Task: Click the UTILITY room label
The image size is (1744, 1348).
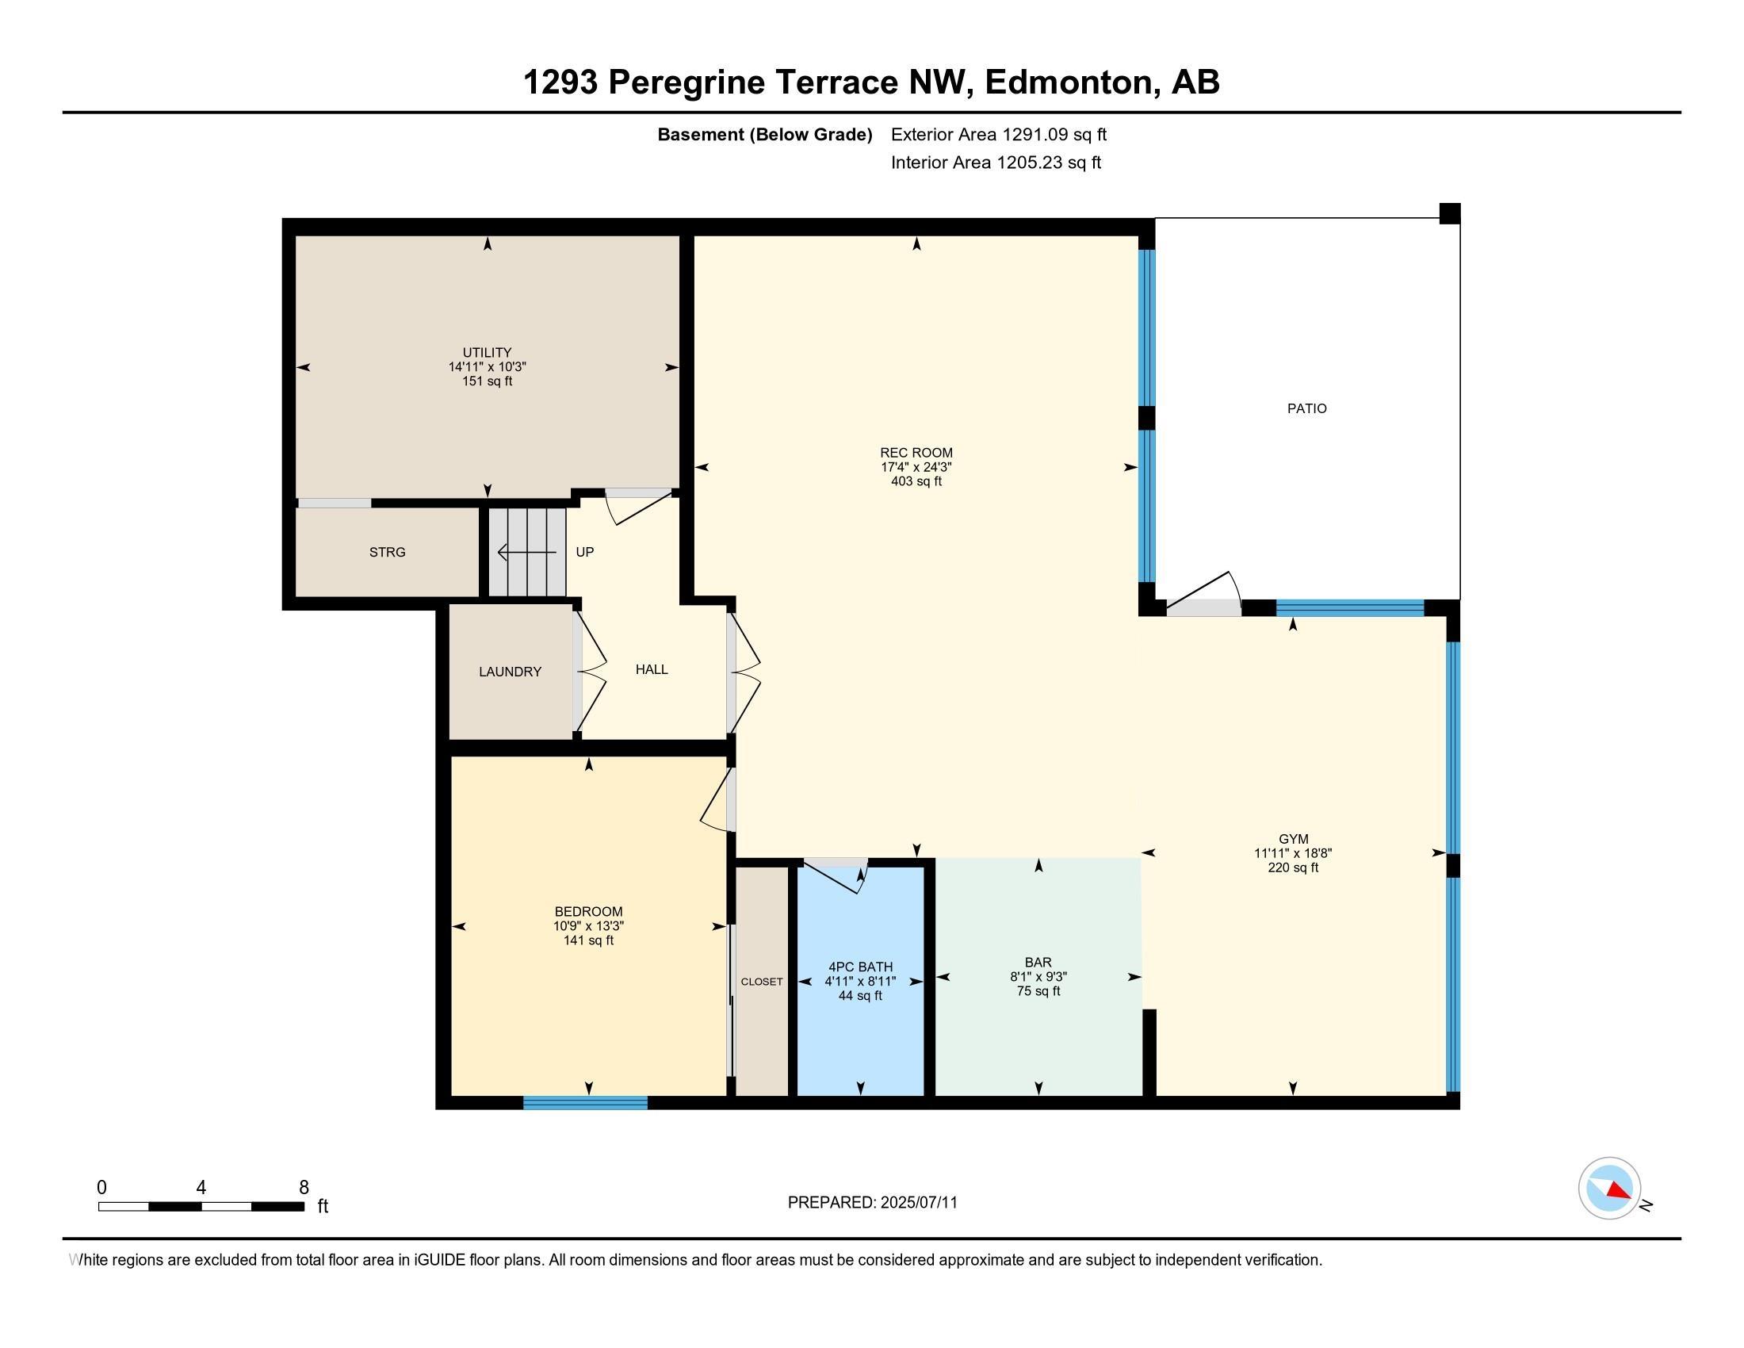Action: pyautogui.click(x=487, y=352)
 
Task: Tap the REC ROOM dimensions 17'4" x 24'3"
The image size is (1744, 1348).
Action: pyautogui.click(x=916, y=467)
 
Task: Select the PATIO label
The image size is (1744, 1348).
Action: pyautogui.click(x=1306, y=409)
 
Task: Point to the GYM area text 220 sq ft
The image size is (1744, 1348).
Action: pyautogui.click(x=1293, y=867)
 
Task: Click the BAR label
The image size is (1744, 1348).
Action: pyautogui.click(x=1038, y=963)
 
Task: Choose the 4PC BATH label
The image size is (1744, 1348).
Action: pyautogui.click(x=860, y=967)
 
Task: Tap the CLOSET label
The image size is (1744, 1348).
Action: pyautogui.click(x=761, y=982)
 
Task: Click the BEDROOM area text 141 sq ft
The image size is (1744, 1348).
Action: pyautogui.click(x=588, y=940)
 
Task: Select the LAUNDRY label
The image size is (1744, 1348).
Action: pyautogui.click(x=510, y=672)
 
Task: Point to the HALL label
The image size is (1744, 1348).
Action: pyautogui.click(x=652, y=669)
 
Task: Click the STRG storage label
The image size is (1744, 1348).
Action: pyautogui.click(x=388, y=552)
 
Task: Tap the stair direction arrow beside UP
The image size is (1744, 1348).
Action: pyautogui.click(x=527, y=552)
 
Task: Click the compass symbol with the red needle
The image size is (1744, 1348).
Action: pyautogui.click(x=1610, y=1189)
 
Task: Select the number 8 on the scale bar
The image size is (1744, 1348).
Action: pyautogui.click(x=304, y=1188)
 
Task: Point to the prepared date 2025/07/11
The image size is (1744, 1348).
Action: pyautogui.click(x=918, y=1203)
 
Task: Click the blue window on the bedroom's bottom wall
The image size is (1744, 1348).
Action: pyautogui.click(x=585, y=1103)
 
